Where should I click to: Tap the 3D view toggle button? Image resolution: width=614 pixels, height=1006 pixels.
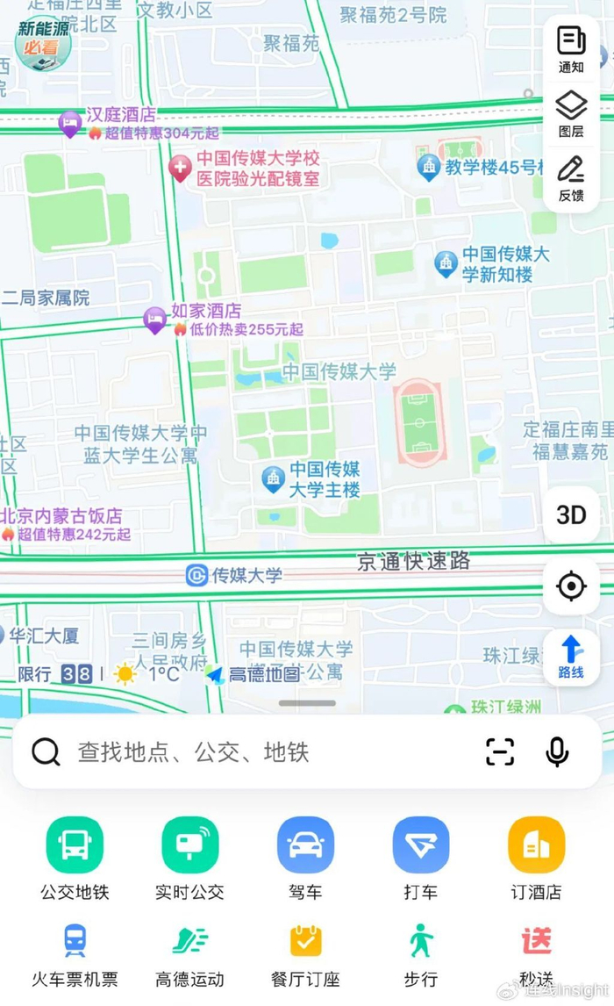tap(571, 514)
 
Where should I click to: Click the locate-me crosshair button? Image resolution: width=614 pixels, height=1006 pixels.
tap(571, 585)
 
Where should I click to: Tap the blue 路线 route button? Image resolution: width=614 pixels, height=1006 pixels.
tap(571, 656)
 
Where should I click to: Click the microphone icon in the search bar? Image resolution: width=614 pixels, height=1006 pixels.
tap(557, 751)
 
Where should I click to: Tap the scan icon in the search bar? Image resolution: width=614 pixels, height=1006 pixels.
tap(500, 751)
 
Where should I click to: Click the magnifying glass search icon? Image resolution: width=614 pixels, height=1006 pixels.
tap(46, 751)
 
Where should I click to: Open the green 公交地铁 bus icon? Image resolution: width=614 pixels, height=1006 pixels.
tap(75, 845)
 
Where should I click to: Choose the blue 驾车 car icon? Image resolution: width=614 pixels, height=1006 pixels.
tap(305, 845)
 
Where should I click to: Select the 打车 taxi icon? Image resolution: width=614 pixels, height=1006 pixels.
tap(421, 845)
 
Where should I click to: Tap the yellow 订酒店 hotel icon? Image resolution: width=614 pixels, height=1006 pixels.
tap(536, 845)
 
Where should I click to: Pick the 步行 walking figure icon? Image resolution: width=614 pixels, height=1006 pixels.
tap(421, 941)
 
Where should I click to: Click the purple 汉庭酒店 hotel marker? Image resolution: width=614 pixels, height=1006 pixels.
tap(69, 123)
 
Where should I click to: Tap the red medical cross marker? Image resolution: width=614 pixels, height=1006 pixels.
tap(180, 167)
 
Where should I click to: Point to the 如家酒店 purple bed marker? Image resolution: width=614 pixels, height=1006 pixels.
tap(155, 320)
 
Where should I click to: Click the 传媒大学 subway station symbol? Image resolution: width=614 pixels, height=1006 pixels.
tap(197, 576)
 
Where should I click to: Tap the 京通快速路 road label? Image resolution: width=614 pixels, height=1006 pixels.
tap(413, 561)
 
